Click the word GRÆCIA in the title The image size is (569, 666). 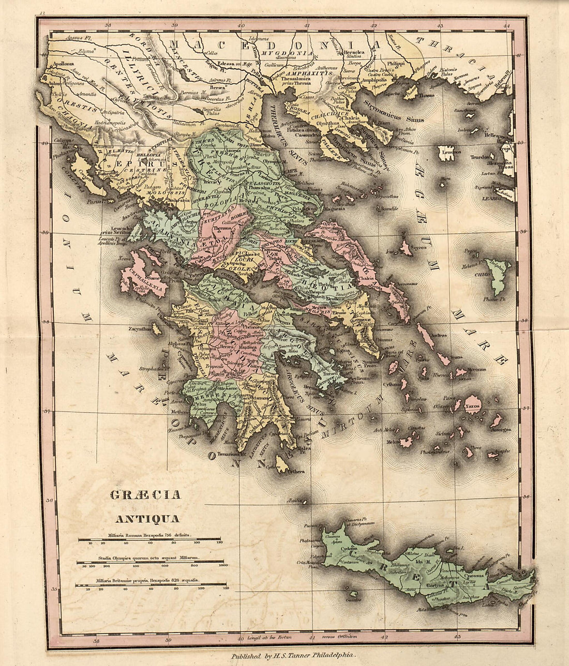click(x=145, y=495)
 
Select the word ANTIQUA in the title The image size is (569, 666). click(x=147, y=519)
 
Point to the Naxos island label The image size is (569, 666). click(x=472, y=406)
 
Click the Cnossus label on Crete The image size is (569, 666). click(x=474, y=575)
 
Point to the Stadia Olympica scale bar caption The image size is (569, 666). click(x=149, y=558)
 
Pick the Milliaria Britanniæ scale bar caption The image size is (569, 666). click(x=149, y=581)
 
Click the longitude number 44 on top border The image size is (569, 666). click(x=506, y=26)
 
